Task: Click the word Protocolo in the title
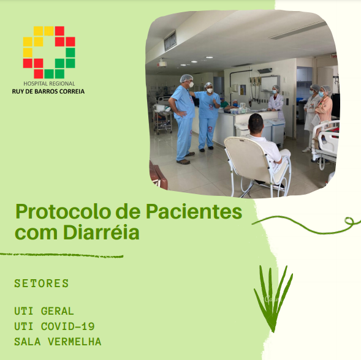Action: click(62, 212)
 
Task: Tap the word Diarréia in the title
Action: click(101, 232)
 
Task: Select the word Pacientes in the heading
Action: click(194, 211)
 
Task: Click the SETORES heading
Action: click(42, 283)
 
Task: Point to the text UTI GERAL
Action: click(44, 311)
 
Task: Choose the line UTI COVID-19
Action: click(55, 326)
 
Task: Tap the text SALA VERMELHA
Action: click(58, 342)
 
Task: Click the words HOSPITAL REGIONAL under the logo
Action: click(49, 83)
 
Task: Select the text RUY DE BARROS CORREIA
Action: click(48, 91)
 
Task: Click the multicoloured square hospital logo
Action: click(49, 53)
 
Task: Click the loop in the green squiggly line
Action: click(349, 220)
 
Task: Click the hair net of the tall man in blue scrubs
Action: click(186, 78)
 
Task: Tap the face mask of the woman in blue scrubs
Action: click(210, 91)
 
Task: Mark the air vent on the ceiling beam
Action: click(170, 41)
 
